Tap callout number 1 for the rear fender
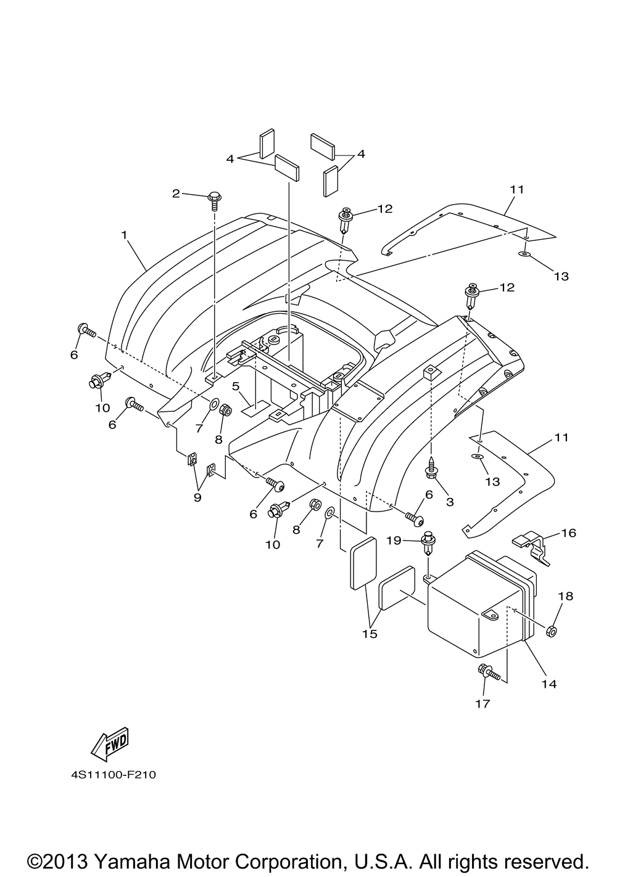point(124,235)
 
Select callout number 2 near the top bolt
point(176,193)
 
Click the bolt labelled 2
point(214,200)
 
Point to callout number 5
point(236,386)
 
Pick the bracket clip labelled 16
point(532,547)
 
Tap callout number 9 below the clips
point(197,497)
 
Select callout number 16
point(568,533)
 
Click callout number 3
point(450,502)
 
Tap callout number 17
point(482,704)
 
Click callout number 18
point(565,597)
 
